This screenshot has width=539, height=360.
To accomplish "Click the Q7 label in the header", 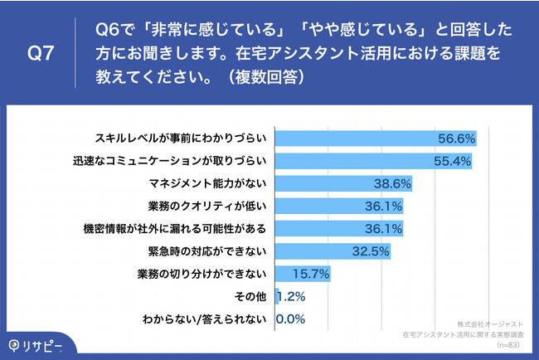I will (x=41, y=54).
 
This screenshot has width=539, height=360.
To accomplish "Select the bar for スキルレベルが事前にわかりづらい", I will (x=373, y=138).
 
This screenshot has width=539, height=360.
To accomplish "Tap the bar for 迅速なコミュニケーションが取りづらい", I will (x=371, y=160).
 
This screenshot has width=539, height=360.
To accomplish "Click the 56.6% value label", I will (x=456, y=138).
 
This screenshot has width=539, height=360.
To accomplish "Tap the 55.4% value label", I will (x=452, y=160).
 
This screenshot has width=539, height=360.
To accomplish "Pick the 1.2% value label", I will (x=291, y=294).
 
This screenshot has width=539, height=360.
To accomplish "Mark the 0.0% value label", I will (x=291, y=317).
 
